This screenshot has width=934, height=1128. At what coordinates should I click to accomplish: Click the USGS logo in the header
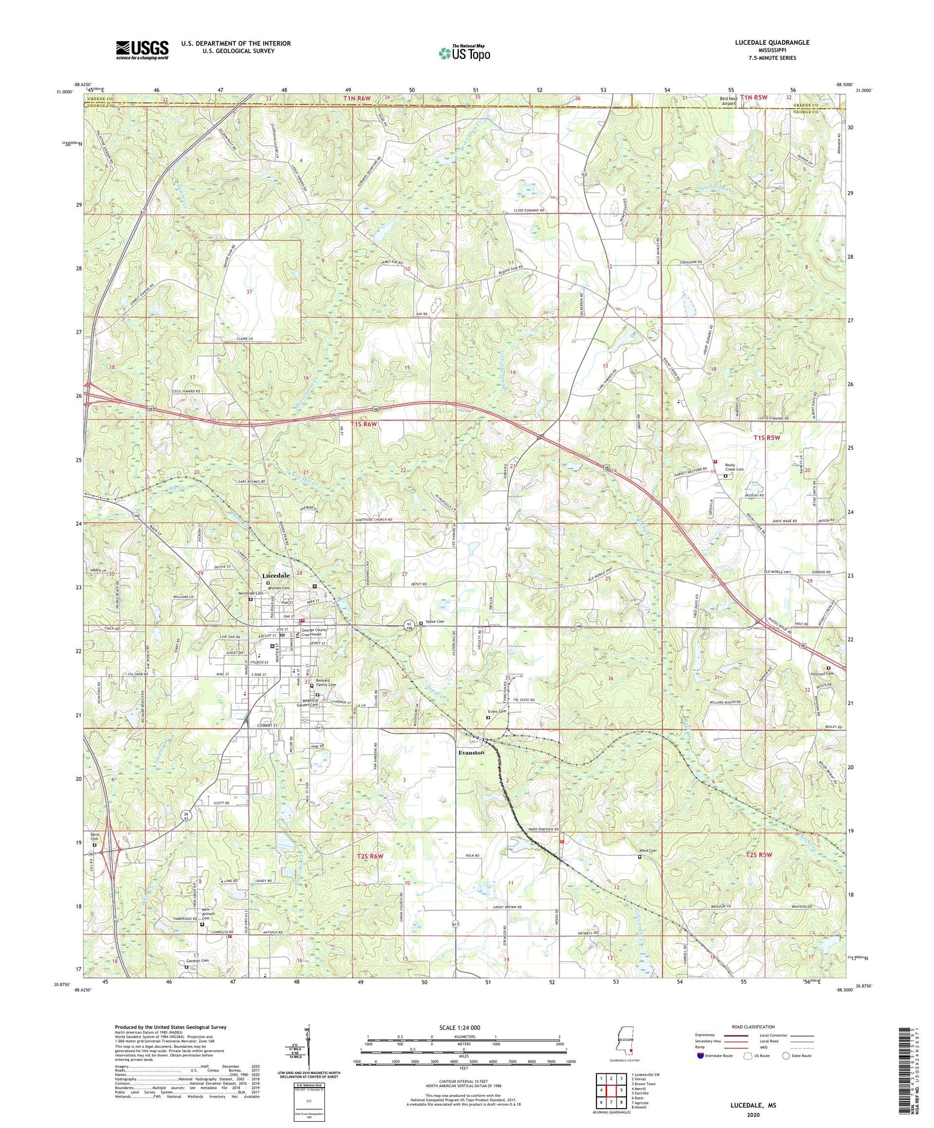142,50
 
